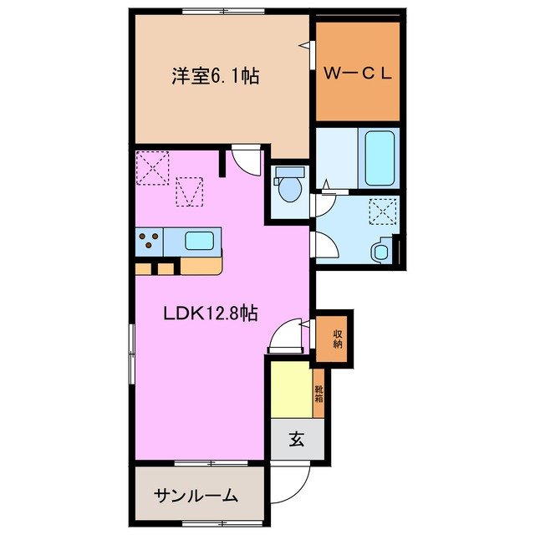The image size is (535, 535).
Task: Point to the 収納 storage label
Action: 339,338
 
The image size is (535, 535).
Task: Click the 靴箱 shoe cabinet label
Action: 318,391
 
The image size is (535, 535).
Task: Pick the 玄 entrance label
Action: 296,437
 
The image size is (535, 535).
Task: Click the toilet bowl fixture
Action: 289,188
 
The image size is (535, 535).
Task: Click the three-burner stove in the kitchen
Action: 150,242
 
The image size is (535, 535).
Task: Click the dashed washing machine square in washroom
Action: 383,211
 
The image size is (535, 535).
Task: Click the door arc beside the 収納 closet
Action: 289,334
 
